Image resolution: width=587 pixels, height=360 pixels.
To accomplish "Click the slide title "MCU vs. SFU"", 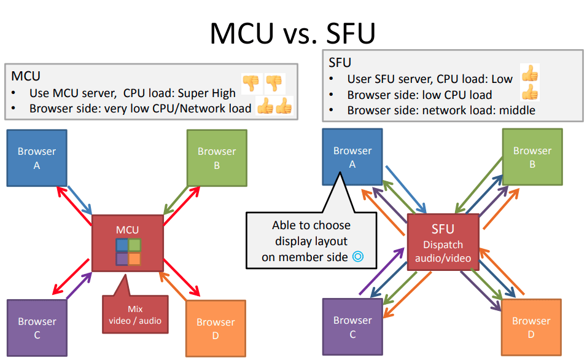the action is click(x=292, y=33).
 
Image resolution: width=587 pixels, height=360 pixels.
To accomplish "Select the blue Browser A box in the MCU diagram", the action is click(x=37, y=158).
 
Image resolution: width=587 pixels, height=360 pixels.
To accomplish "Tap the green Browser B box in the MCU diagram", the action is click(x=217, y=158).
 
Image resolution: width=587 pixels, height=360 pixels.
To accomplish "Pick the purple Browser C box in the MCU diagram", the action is click(x=37, y=328).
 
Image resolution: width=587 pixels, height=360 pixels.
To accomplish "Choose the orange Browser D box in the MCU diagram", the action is click(x=216, y=329).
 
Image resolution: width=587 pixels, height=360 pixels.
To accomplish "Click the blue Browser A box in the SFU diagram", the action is click(x=352, y=157).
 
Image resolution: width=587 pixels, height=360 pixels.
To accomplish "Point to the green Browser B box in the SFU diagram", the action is click(x=532, y=157).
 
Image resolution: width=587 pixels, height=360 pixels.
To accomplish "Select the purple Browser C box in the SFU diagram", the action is click(x=352, y=327).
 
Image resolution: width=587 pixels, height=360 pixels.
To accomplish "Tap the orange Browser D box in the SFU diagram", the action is click(x=531, y=327).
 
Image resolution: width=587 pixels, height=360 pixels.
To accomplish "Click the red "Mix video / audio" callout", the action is click(x=135, y=314).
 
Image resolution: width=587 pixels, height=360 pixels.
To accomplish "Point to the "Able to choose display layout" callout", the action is click(x=311, y=240).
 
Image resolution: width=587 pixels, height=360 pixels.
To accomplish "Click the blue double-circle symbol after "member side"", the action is click(x=358, y=257).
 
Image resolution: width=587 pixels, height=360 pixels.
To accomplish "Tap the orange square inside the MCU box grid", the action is click(x=134, y=259).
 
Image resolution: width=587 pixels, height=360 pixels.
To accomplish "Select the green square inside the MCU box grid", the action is click(x=134, y=245).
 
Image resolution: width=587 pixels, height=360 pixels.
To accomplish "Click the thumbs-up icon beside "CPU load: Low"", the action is click(x=530, y=73).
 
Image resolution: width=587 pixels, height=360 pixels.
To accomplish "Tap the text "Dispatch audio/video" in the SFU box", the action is click(x=443, y=251).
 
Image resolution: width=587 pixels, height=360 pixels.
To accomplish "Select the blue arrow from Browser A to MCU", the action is click(x=80, y=200).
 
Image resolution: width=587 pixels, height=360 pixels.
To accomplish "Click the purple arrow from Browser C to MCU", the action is click(x=79, y=286).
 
